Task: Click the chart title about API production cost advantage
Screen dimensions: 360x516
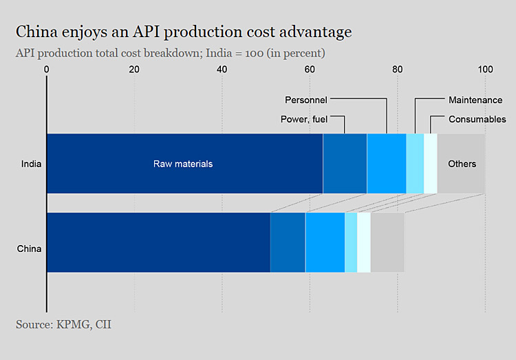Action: point(184,32)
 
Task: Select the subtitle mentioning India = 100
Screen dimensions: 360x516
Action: point(170,53)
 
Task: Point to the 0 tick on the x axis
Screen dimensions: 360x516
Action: point(47,70)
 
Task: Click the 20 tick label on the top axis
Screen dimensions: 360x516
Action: point(134,70)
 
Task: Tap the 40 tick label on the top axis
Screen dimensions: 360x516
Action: point(222,70)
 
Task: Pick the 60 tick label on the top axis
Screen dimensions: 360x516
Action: point(310,70)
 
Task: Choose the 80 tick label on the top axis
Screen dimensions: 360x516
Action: point(398,70)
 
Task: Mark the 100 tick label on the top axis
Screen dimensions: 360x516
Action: point(485,70)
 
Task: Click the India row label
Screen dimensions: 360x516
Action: point(31,164)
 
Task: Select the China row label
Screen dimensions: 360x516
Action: point(30,248)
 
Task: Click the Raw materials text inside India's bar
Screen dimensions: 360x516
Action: point(183,164)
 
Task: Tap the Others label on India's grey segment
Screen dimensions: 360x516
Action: point(462,164)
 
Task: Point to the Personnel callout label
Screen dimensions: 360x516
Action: point(306,100)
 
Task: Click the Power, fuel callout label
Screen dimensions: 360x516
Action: point(304,119)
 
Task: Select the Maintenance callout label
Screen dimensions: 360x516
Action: point(475,100)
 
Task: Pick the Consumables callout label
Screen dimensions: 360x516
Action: point(477,119)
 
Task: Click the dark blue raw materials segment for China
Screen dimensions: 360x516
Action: point(158,242)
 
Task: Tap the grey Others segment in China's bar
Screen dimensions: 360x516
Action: point(387,242)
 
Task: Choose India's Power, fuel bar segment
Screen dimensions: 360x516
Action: point(345,164)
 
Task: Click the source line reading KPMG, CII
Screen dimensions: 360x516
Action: point(63,324)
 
